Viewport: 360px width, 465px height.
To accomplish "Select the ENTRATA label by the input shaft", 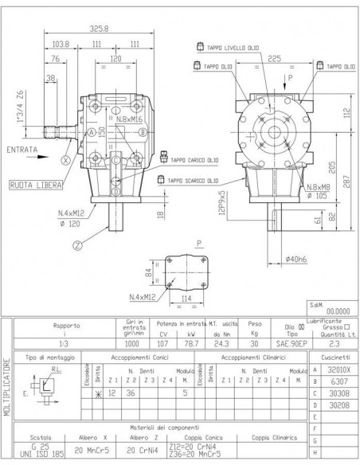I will (x=22, y=149).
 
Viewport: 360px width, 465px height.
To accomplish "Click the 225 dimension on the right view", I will (x=273, y=57).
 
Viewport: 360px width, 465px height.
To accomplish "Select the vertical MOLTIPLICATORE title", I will (x=8, y=390).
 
